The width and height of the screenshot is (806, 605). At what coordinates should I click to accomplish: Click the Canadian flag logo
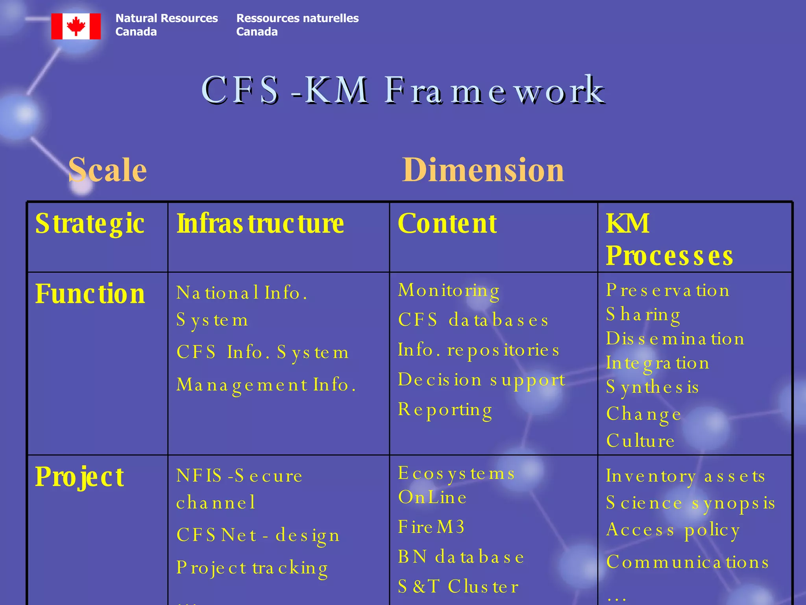click(x=76, y=26)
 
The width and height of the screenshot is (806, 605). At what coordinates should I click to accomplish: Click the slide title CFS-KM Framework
click(x=403, y=90)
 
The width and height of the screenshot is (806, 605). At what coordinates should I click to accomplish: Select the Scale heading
click(x=107, y=170)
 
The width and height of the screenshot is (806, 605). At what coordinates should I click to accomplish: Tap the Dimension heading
click(x=483, y=170)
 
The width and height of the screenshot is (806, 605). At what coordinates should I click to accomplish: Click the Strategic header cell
click(x=90, y=224)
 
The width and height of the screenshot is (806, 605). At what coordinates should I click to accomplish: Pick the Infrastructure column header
click(x=260, y=224)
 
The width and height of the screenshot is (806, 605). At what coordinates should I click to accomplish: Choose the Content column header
click(x=447, y=224)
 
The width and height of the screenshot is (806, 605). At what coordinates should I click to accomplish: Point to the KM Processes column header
click(x=669, y=239)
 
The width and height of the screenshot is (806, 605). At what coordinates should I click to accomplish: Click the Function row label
click(x=90, y=294)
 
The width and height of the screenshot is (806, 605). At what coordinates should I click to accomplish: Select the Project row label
click(x=79, y=477)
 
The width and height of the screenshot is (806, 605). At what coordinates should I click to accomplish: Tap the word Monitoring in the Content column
click(x=449, y=291)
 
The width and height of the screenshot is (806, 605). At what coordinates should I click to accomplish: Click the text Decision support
click(x=481, y=380)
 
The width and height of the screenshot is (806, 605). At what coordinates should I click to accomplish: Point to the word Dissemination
click(x=675, y=339)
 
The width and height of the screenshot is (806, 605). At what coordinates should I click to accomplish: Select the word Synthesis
click(x=652, y=387)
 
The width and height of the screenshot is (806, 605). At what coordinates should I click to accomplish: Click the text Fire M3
click(x=431, y=527)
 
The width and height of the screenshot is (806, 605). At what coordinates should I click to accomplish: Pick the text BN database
click(x=461, y=557)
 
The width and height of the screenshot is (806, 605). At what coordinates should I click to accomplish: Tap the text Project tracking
click(x=252, y=568)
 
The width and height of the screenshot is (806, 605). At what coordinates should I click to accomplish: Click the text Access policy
click(x=673, y=530)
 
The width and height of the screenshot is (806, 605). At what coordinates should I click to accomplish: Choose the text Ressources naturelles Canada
click(x=297, y=25)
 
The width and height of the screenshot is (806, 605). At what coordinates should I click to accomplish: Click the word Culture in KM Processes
click(x=640, y=441)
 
